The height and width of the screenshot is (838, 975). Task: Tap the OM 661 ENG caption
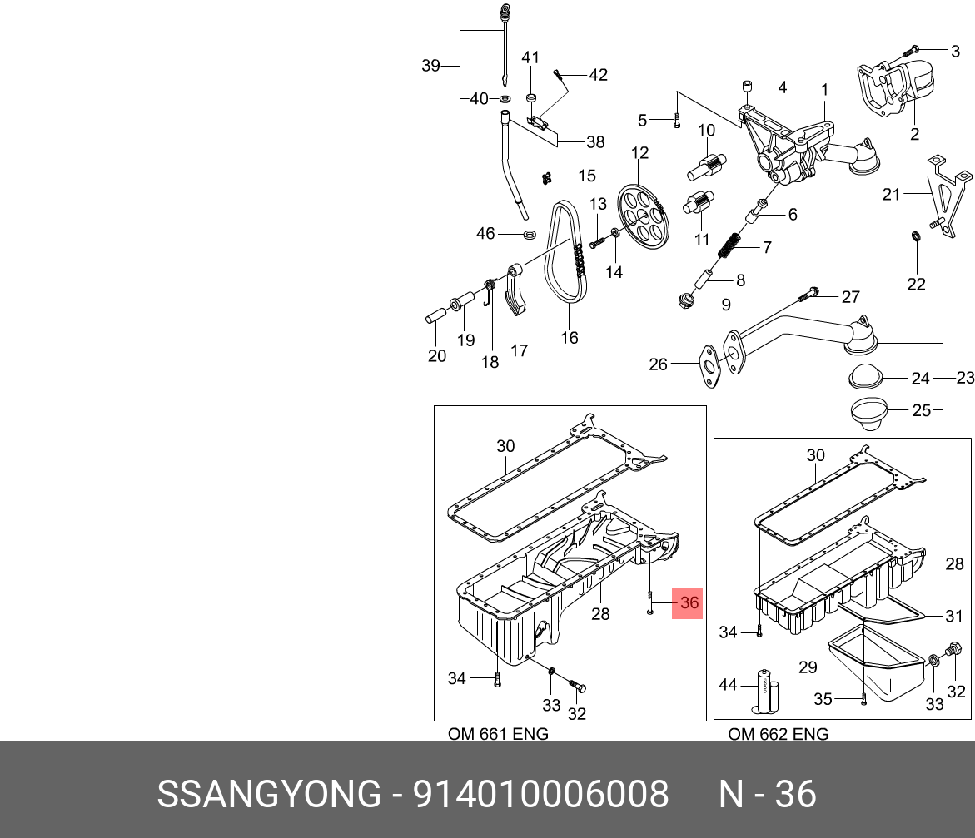498,734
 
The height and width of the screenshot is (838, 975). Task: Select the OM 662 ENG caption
778,734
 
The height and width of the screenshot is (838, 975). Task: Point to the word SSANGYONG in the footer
268,795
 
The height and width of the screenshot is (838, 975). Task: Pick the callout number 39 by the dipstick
430,66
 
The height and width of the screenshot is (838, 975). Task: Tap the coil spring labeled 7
729,247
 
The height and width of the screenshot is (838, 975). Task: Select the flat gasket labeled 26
709,366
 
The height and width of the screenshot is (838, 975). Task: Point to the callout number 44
729,685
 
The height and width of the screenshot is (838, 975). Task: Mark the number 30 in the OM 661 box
506,446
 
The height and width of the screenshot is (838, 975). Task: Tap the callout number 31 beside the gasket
954,617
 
